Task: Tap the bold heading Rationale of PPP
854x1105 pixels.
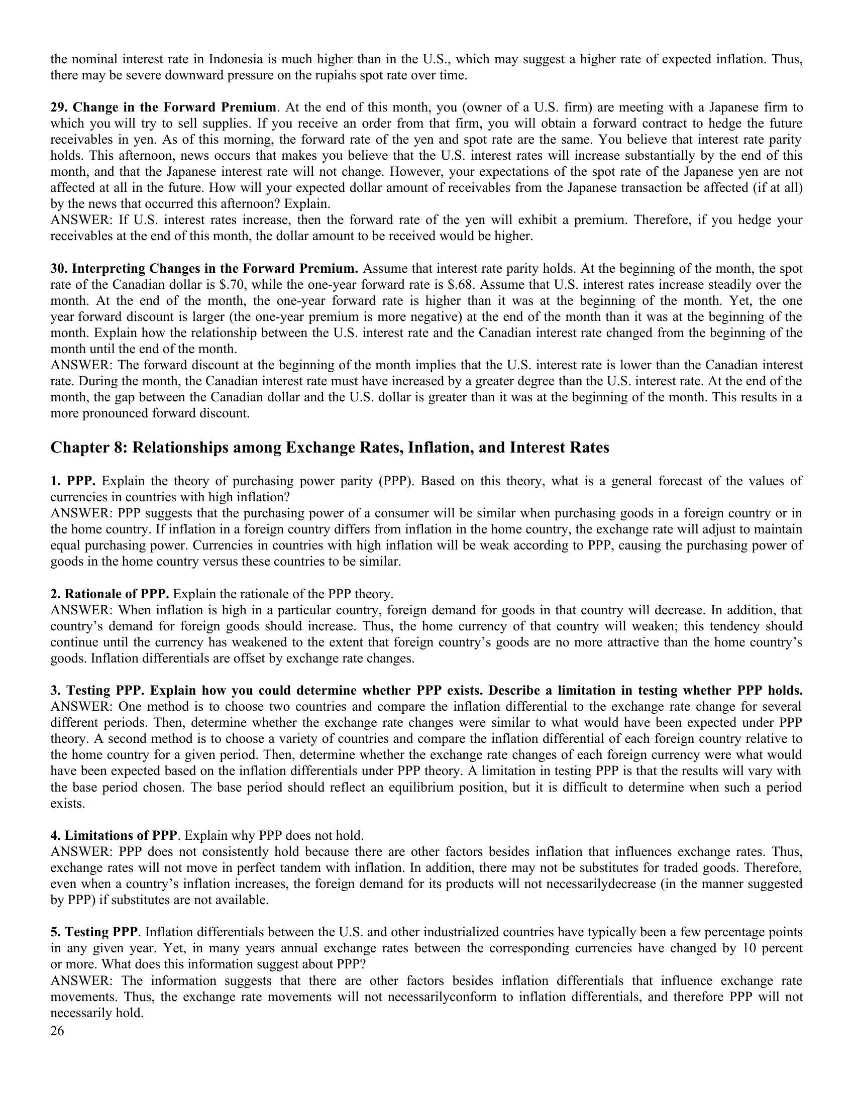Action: [x=117, y=594]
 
